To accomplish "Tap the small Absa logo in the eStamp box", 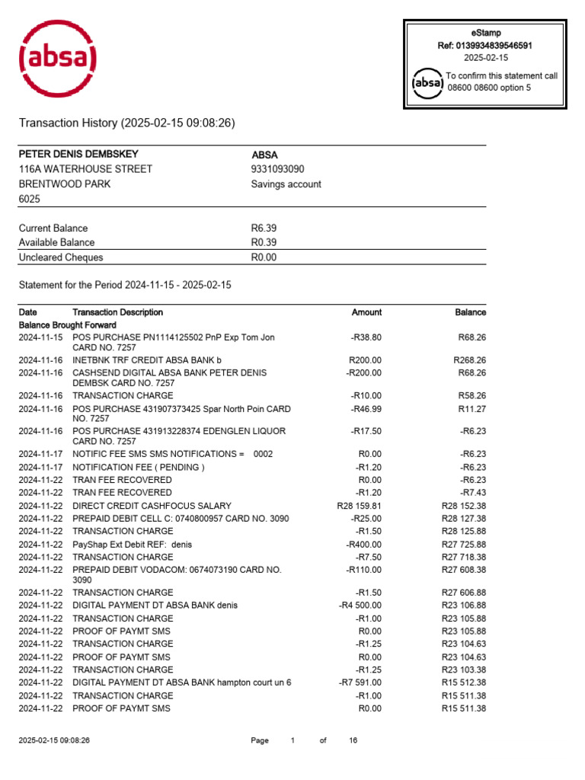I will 427,82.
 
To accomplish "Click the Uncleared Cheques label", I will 60,257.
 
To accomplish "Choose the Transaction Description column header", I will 117,312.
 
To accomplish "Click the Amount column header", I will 366,312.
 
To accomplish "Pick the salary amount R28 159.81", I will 359,506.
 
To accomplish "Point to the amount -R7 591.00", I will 360,682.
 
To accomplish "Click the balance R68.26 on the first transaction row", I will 472,337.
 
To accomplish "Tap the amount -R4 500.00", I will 360,606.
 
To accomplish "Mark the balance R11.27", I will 472,409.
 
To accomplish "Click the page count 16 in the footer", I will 353,740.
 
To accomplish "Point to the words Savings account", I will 286,184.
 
